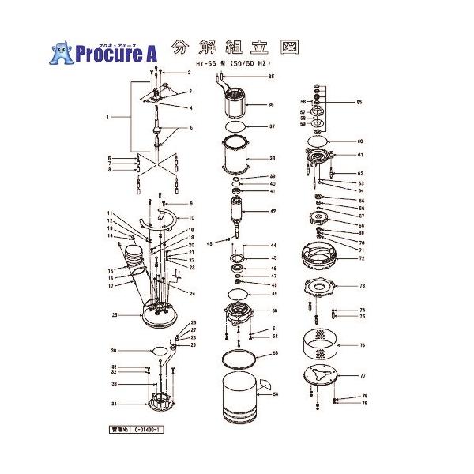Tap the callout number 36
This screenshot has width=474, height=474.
click(271, 103)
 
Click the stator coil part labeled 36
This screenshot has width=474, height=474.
click(236, 103)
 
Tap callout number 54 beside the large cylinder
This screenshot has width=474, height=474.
click(275, 393)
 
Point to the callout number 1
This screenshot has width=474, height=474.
click(106, 117)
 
